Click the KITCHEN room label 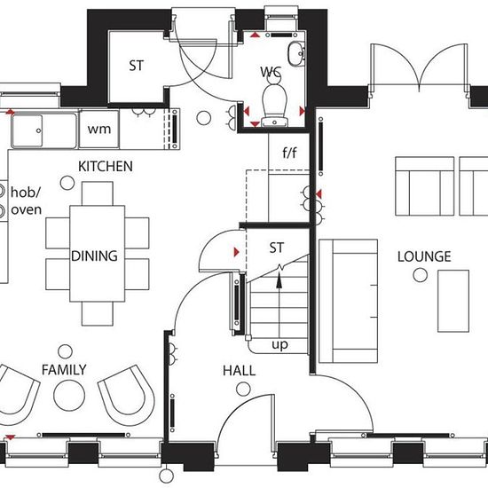tap(106, 166)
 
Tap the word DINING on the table tap(94, 256)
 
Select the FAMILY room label tap(64, 370)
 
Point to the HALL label tap(239, 371)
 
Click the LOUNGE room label tap(424, 256)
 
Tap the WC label tap(271, 72)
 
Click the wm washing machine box tap(99, 129)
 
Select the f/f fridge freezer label tap(289, 153)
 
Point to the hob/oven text tap(26, 201)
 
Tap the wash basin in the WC tap(295, 54)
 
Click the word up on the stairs tap(279, 344)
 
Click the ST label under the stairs tap(276, 248)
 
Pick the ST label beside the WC tap(137, 66)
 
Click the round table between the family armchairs tap(69, 395)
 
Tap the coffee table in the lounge tap(453, 301)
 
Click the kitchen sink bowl tap(27, 130)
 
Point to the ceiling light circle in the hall tap(243, 389)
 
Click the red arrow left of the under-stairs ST tap(237, 252)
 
